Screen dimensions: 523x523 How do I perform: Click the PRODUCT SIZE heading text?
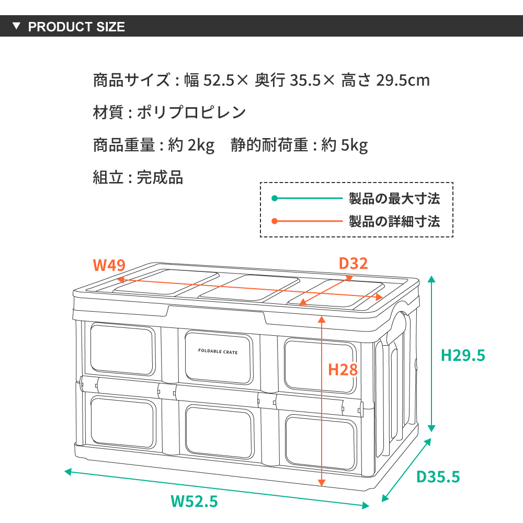tap(76, 27)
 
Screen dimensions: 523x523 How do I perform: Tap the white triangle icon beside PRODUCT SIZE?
tap(16, 26)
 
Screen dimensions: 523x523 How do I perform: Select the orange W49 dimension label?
tap(109, 265)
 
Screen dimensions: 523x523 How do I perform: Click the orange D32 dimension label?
tap(353, 264)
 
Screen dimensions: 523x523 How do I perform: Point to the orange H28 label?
tap(343, 370)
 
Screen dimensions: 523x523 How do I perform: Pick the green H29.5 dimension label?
tap(463, 355)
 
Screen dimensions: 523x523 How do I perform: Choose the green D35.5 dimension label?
tap(438, 476)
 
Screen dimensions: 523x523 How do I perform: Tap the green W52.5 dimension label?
tap(194, 502)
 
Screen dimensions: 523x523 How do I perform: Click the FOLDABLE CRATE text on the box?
tap(218, 351)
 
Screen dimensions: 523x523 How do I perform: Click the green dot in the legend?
tap(275, 198)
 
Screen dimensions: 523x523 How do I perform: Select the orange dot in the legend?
tap(275, 221)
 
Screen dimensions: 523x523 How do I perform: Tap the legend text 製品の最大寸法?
tap(394, 198)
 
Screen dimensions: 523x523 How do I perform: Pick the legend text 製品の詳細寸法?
tap(394, 221)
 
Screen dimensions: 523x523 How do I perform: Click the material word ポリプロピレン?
tap(191, 112)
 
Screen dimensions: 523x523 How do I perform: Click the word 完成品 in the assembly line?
tap(160, 177)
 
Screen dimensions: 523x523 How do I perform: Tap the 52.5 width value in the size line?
tap(219, 80)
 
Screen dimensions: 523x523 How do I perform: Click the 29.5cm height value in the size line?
tap(403, 80)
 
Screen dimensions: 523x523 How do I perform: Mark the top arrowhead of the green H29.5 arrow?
tap(431, 279)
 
